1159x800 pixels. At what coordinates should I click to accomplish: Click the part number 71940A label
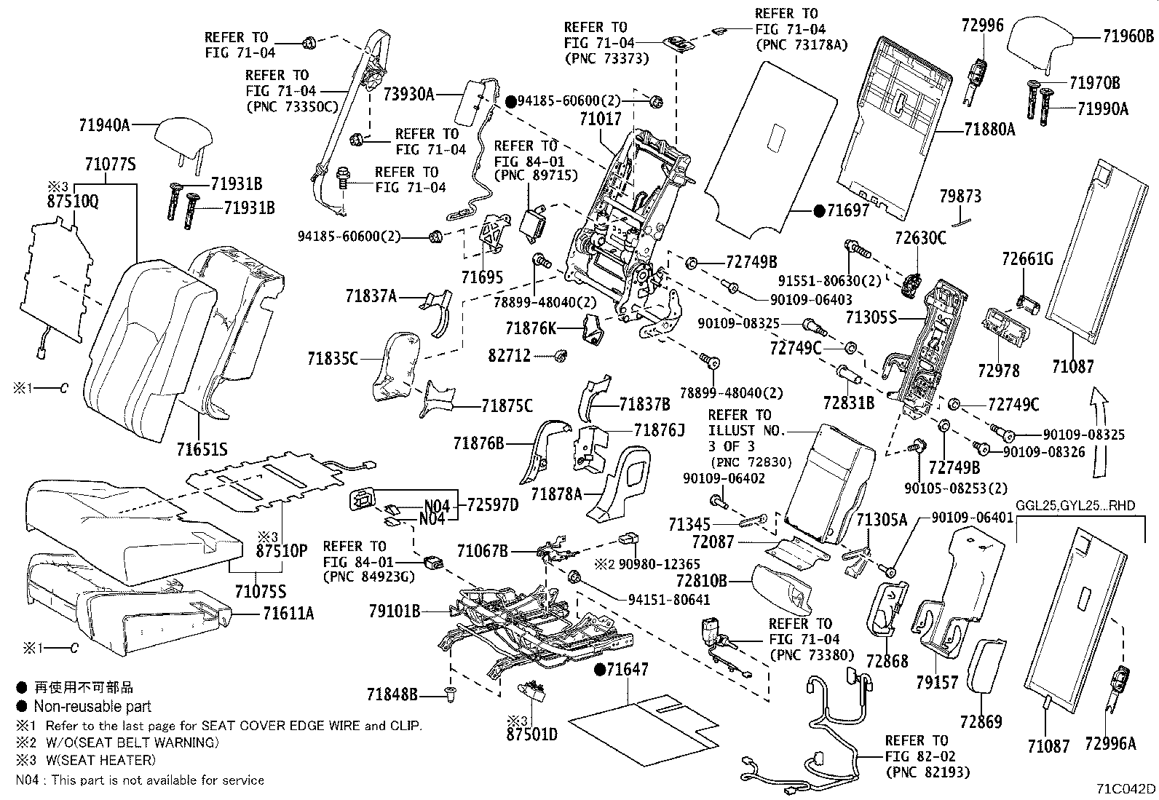[x=104, y=124]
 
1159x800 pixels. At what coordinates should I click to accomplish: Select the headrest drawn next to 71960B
[x=1040, y=47]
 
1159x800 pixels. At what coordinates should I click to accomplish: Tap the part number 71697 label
[x=847, y=211]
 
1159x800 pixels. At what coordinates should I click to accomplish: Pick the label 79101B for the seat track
[x=395, y=611]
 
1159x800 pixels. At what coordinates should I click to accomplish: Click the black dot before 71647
[x=600, y=669]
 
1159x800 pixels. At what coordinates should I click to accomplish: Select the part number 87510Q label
[x=74, y=200]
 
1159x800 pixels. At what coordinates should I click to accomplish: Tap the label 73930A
[x=408, y=93]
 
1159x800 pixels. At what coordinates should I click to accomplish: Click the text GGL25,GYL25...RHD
[x=1075, y=506]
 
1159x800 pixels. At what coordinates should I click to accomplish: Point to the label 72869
[x=981, y=721]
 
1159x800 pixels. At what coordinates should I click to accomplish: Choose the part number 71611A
[x=289, y=614]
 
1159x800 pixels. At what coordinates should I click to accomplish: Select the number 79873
[x=960, y=196]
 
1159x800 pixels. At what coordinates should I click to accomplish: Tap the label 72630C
[x=920, y=237]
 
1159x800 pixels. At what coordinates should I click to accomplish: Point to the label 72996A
[x=1109, y=743]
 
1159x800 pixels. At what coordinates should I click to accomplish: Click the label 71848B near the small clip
[x=392, y=695]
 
